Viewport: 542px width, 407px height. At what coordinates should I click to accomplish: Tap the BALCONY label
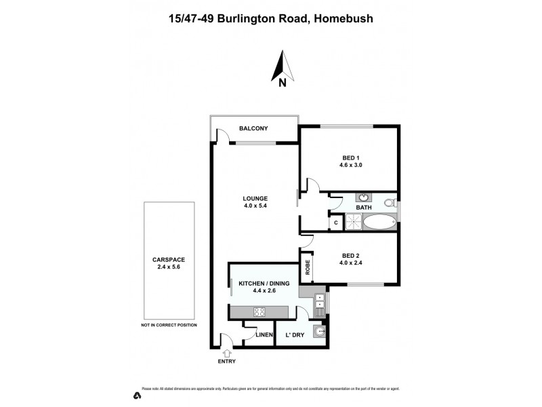click(253, 128)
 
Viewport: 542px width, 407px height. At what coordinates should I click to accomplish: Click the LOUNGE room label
click(255, 199)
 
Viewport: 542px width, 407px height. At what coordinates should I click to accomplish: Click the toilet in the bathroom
click(389, 203)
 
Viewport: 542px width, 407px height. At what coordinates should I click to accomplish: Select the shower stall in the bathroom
click(352, 222)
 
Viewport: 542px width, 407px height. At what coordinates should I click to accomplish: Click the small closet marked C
click(335, 222)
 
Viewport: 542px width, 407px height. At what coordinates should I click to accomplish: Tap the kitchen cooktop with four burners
click(261, 311)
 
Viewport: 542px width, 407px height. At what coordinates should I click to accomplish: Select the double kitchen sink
click(320, 301)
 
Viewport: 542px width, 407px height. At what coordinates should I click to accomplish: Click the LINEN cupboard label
click(264, 335)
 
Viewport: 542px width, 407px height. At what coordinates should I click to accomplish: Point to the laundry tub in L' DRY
click(320, 332)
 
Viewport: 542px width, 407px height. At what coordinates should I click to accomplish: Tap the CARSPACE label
click(169, 260)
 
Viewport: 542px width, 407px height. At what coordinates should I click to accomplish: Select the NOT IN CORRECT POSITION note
click(169, 325)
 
